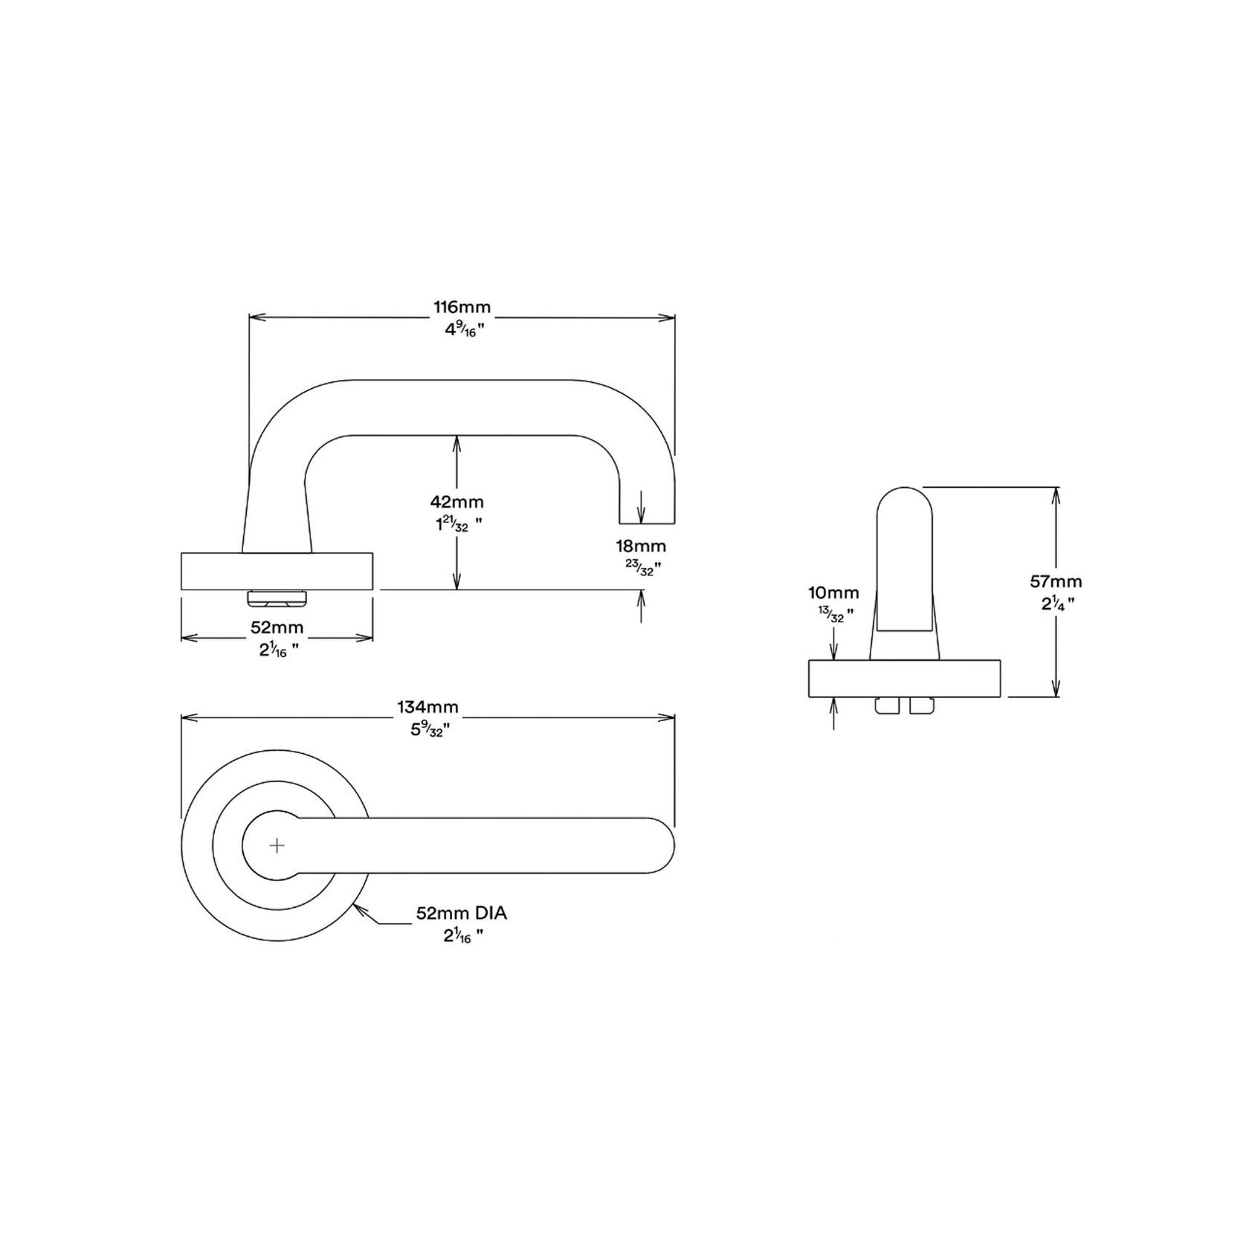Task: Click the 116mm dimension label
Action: [462, 306]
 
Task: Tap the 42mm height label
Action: [456, 503]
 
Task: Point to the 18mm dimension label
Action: [640, 546]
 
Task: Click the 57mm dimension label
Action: [1056, 581]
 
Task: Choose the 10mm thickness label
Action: [833, 593]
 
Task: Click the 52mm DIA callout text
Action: [462, 914]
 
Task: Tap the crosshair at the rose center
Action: [277, 846]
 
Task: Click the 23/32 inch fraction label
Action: [642, 568]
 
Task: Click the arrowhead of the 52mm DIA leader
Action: [359, 908]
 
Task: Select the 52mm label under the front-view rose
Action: [277, 628]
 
